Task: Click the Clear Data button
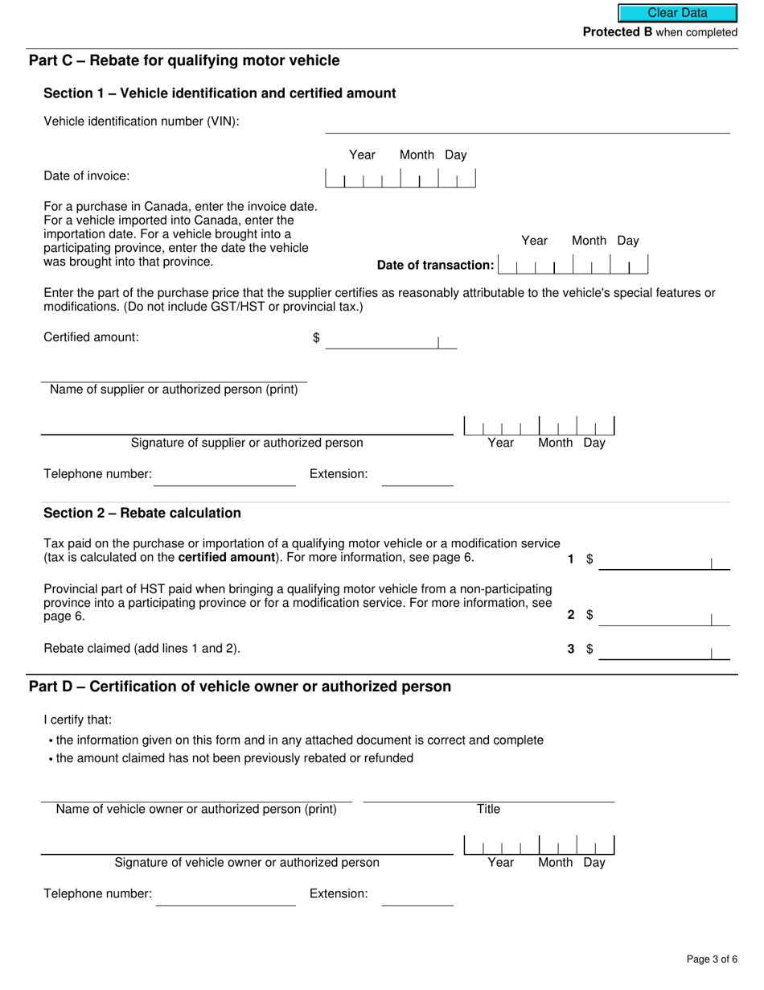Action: [x=677, y=13]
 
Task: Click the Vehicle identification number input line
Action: [x=527, y=124]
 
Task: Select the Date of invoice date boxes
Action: [x=400, y=179]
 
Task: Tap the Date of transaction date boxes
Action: [x=573, y=265]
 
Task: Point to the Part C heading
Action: [x=184, y=61]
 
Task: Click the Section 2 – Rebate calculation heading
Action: [x=142, y=514]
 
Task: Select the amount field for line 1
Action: [x=663, y=561]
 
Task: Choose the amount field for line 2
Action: [x=663, y=617]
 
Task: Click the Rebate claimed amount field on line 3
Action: [x=663, y=651]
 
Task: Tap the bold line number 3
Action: [x=571, y=649]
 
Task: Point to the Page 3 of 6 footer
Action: [x=712, y=959]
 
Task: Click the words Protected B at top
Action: [x=617, y=32]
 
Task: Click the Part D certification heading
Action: [x=240, y=687]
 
